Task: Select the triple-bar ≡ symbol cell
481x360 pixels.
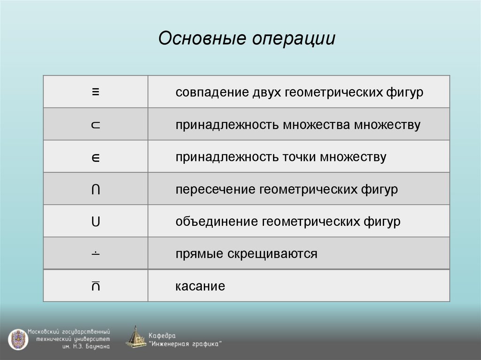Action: point(95,92)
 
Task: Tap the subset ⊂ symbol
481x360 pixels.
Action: point(95,125)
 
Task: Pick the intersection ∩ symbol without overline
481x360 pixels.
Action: point(95,190)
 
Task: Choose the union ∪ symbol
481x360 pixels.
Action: point(95,222)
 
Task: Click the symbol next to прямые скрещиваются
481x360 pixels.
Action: point(95,253)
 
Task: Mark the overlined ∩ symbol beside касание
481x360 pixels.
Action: point(95,285)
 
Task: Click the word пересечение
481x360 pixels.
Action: point(215,190)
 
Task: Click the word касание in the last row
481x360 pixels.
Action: point(200,286)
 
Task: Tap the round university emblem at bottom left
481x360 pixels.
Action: point(18,339)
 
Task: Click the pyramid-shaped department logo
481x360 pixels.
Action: point(136,337)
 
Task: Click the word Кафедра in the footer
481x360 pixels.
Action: point(163,336)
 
